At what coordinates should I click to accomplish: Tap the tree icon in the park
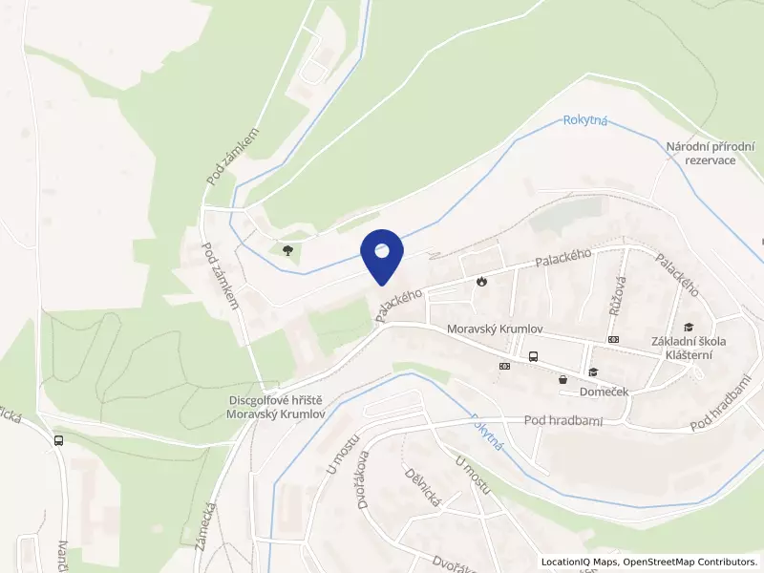[x=286, y=250]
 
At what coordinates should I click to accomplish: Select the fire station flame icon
[x=481, y=282]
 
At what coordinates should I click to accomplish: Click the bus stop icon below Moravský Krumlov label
[x=533, y=357]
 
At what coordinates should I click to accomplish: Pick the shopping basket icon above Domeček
[x=562, y=379]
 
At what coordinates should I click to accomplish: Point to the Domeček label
[x=604, y=392]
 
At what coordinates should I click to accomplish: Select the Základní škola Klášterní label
[x=689, y=348]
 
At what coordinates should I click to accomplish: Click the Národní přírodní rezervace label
[x=710, y=153]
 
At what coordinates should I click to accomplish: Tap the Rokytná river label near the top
[x=585, y=120]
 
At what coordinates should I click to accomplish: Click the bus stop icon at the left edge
[x=59, y=440]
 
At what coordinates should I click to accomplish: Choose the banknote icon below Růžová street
[x=612, y=340]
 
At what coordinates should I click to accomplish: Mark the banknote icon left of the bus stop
[x=503, y=365]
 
